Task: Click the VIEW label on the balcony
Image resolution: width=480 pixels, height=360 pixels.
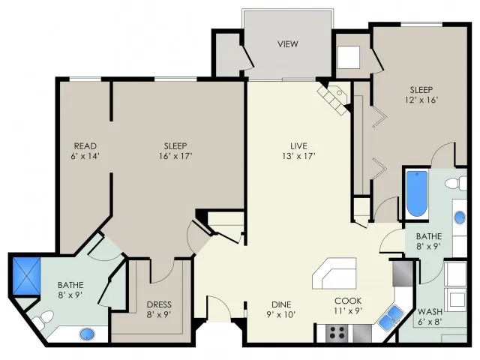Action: point(288,44)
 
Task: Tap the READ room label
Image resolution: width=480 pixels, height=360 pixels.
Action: point(85,145)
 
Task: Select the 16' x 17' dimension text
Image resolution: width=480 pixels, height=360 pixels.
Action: point(176,157)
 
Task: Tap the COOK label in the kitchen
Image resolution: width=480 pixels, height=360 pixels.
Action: point(348,298)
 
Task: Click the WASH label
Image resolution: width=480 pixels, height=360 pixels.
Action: point(430,312)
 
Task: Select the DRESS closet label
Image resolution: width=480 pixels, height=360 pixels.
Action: point(159,304)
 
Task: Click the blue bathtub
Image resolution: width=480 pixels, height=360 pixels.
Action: point(416,193)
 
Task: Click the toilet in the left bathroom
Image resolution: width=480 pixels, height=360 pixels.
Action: point(44,323)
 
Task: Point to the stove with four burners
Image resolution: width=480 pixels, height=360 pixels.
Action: point(334,331)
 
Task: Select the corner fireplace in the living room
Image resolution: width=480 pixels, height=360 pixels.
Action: point(333,98)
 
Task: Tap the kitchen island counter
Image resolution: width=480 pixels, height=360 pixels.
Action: point(334,273)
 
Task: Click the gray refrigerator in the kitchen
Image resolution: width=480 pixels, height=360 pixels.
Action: point(401,271)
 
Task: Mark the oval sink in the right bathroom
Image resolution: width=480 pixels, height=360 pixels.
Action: point(460,218)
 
